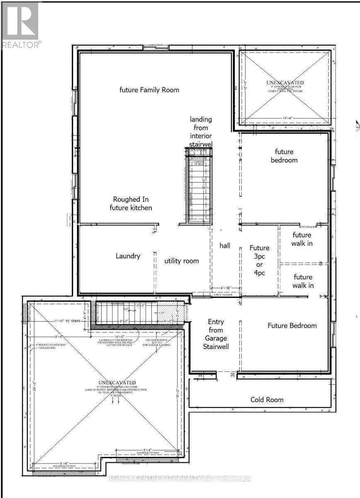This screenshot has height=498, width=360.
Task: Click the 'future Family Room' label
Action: [x=149, y=90]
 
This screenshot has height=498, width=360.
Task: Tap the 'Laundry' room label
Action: [x=128, y=256]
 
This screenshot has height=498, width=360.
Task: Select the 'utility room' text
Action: [x=181, y=261]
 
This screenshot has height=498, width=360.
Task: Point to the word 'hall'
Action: [x=225, y=246]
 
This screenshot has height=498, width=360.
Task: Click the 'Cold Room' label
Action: [x=267, y=400]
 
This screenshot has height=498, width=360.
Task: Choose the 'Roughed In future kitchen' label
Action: [x=131, y=203]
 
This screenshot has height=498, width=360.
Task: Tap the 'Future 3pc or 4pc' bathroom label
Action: [x=259, y=260]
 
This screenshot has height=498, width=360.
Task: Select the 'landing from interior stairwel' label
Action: [x=201, y=132]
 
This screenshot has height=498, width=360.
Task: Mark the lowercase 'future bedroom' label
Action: [x=284, y=156]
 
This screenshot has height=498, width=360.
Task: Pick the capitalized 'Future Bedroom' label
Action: [x=292, y=325]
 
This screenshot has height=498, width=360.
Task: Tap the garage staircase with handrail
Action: [x=124, y=313]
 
